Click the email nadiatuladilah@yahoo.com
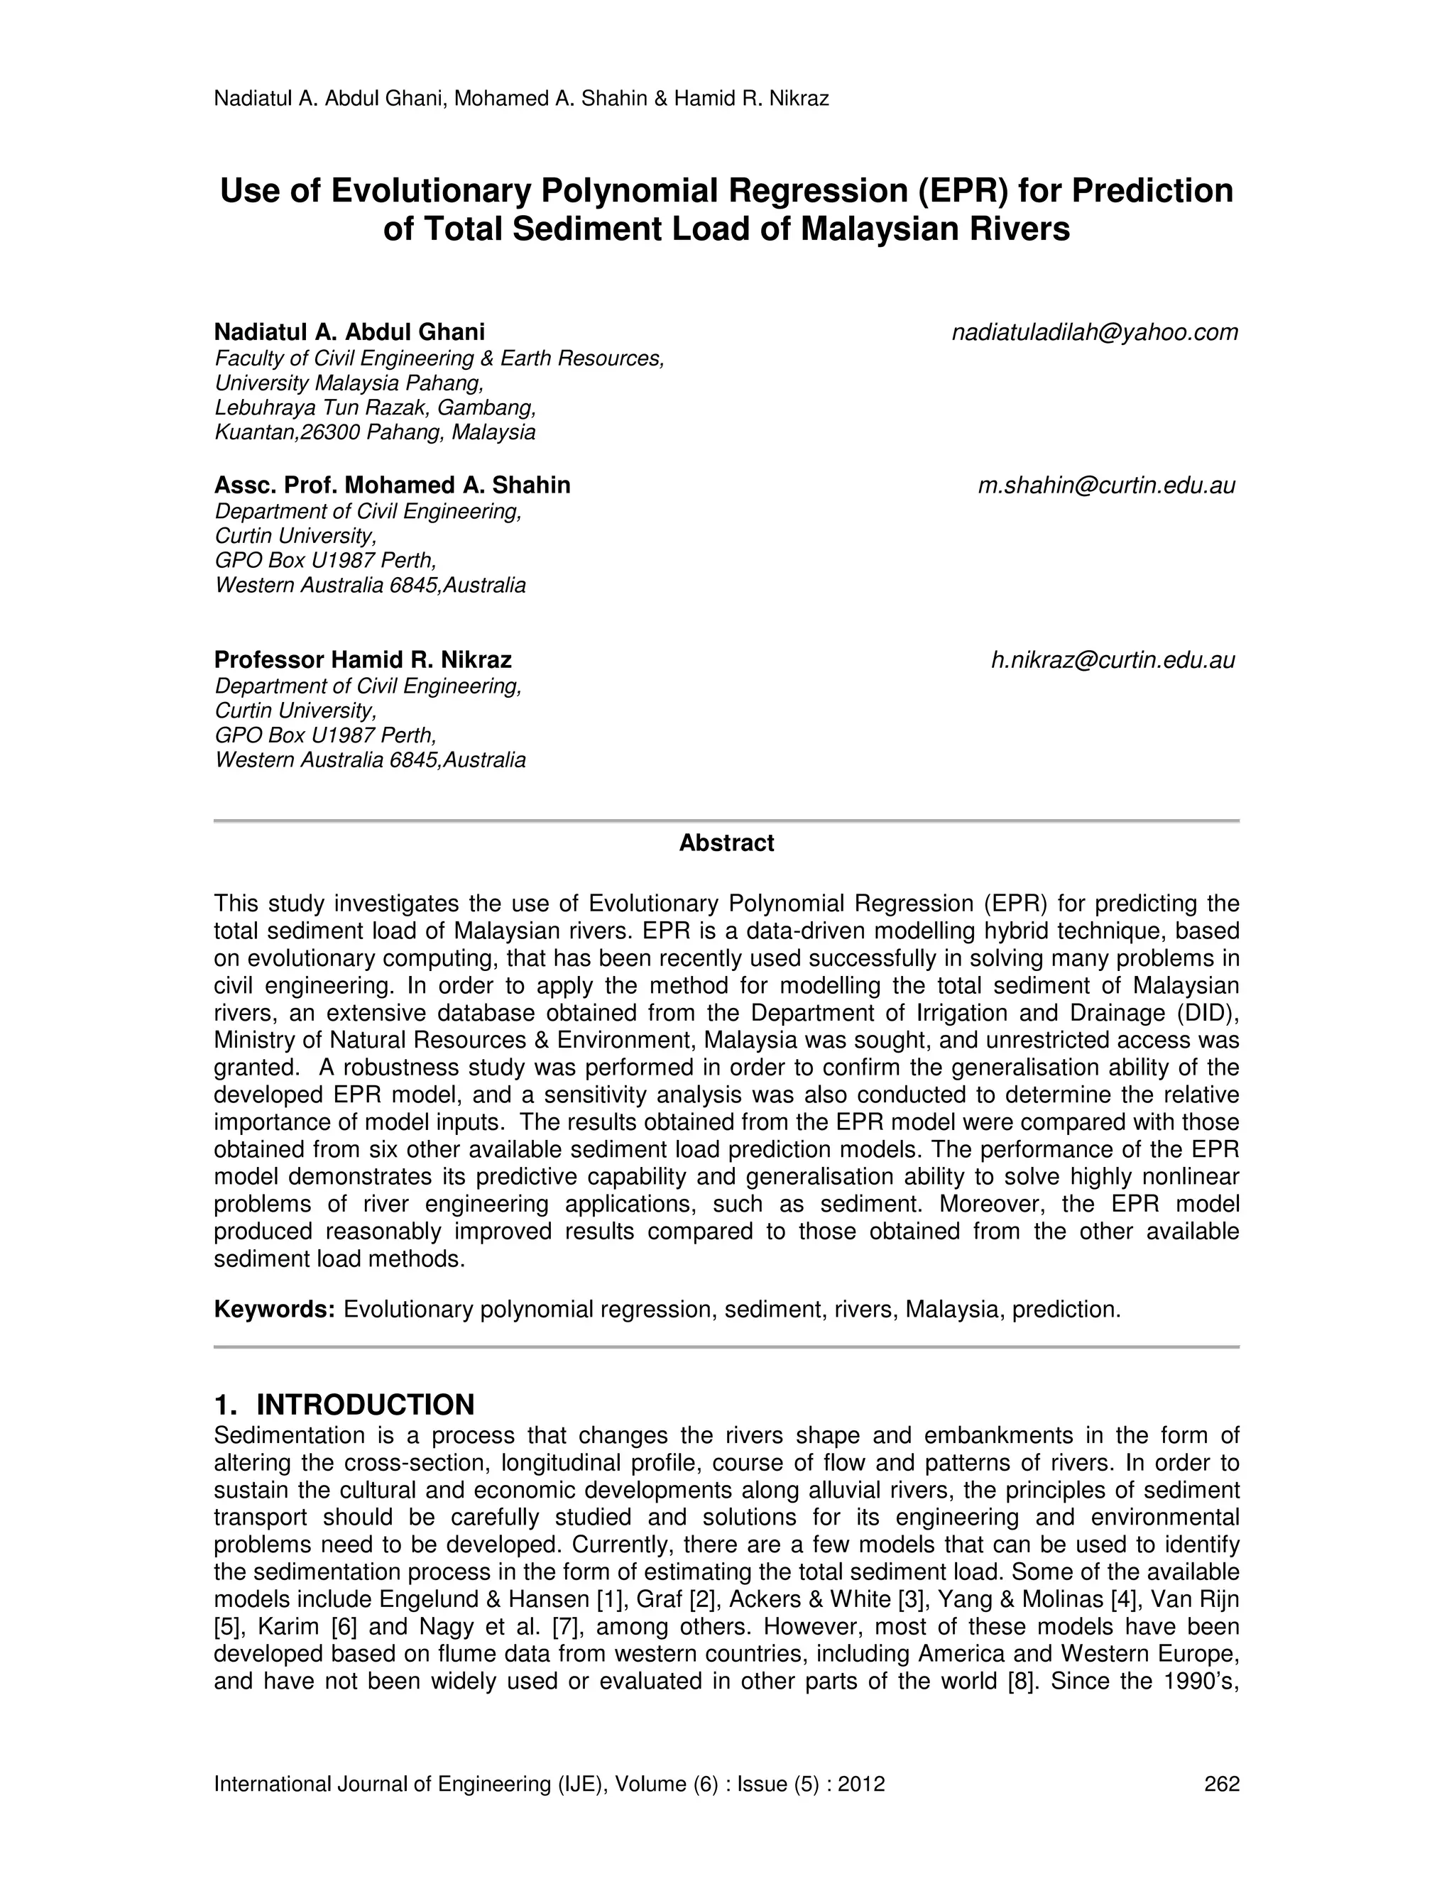1094,332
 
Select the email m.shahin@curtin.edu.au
1106,486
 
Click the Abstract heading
726,843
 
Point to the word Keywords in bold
274,1310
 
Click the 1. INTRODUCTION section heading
344,1405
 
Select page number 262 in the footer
1221,1784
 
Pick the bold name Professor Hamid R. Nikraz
363,661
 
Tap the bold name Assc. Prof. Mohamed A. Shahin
392,486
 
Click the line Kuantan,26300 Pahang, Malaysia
375,432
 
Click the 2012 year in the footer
864,1784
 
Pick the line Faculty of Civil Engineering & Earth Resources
439,358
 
